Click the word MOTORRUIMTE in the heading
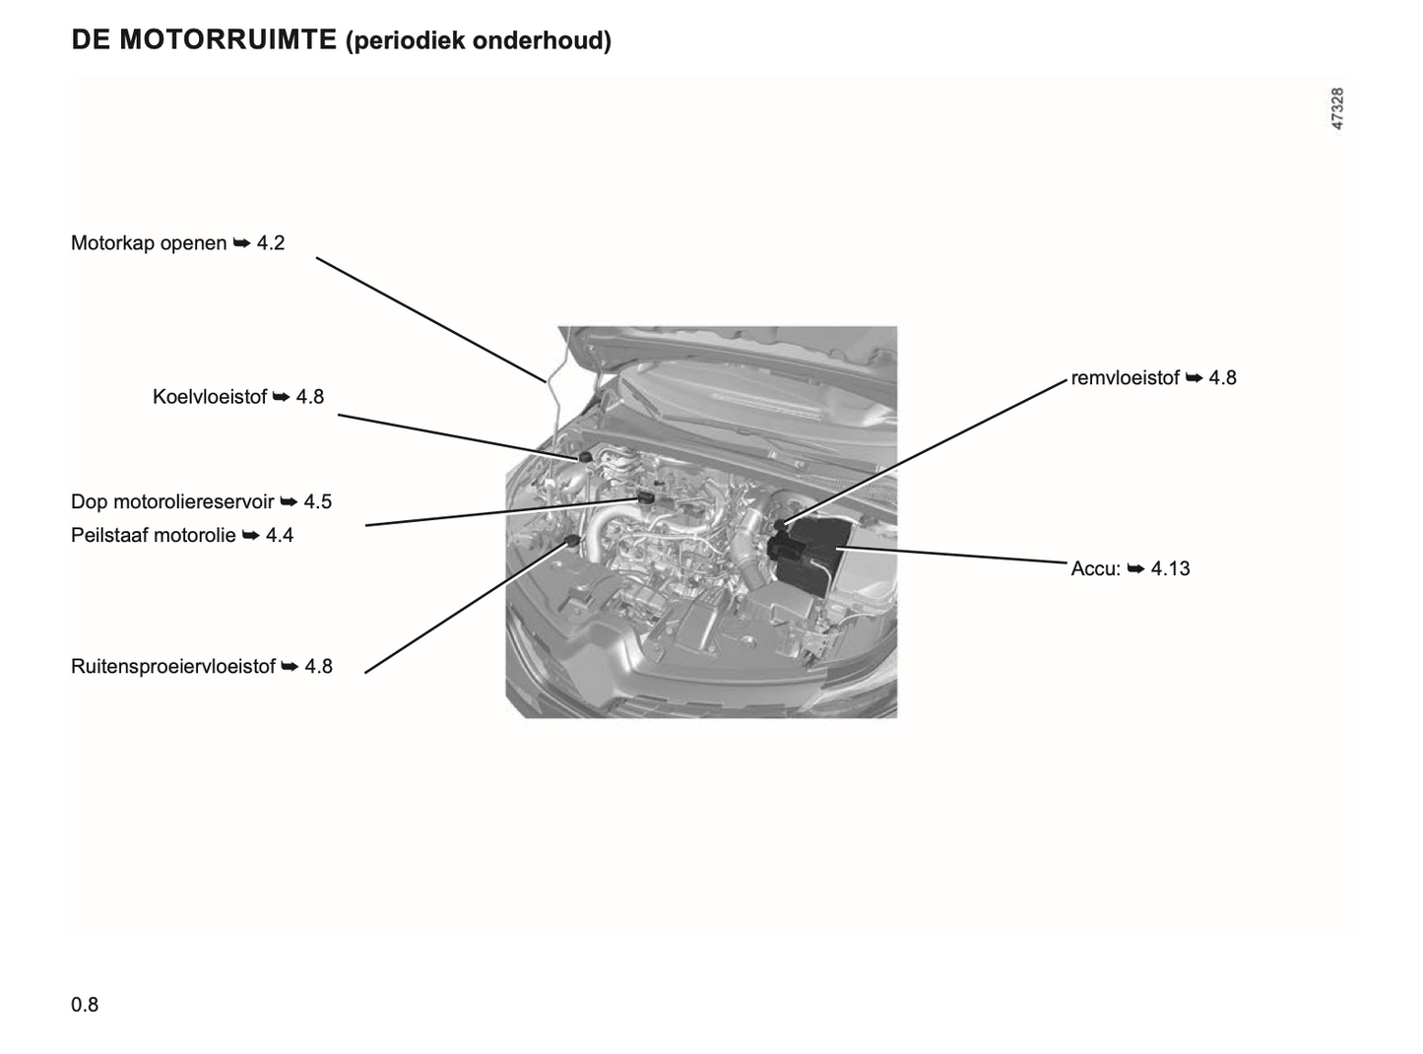(227, 39)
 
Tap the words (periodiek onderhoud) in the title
(478, 41)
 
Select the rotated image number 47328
(1337, 108)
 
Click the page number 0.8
(85, 1005)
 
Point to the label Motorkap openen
(149, 243)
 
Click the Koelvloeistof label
(210, 397)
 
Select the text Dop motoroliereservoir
(172, 501)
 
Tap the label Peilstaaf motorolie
(154, 535)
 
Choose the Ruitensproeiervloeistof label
(173, 666)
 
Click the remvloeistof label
(1125, 377)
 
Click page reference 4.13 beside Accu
(1170, 568)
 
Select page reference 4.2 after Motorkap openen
(271, 243)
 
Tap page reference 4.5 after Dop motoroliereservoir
(317, 501)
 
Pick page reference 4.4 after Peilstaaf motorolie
(279, 535)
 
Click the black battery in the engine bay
(809, 554)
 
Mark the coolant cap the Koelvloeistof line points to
(585, 456)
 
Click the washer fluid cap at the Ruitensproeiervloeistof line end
(572, 542)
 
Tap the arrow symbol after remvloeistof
(1194, 378)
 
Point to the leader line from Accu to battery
(951, 556)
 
